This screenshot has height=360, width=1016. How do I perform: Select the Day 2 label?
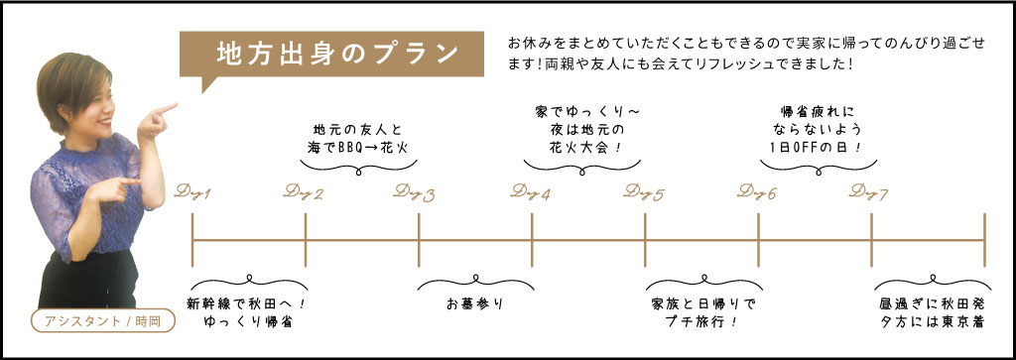point(305,192)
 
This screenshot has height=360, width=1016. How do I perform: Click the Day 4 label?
point(531,192)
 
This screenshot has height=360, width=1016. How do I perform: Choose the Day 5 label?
point(645,192)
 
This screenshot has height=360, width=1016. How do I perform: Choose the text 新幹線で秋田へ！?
point(245,303)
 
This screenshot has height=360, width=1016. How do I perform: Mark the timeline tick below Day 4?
point(532,240)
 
